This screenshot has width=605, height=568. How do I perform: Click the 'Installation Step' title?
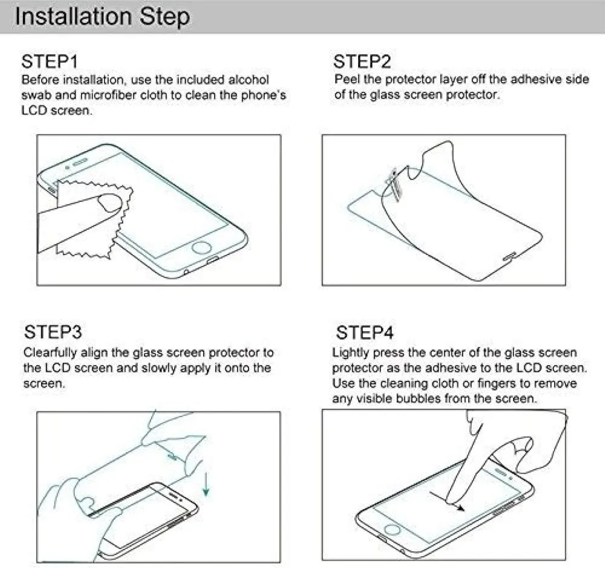102,17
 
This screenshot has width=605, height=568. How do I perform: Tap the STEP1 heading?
50,62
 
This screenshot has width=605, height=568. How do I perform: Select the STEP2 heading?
362,62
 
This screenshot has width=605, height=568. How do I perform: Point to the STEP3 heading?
53,332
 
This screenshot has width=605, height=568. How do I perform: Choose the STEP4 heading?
365,333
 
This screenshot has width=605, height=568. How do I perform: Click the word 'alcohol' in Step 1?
249,80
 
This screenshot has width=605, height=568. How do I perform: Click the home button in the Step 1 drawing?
202,247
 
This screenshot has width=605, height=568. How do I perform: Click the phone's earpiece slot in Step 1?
80,162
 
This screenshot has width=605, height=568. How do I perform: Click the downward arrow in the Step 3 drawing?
206,485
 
